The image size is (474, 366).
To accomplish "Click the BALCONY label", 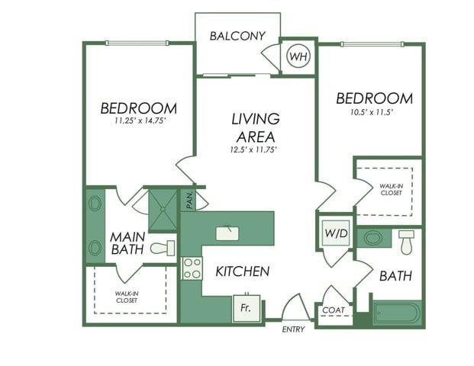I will pos(237,36).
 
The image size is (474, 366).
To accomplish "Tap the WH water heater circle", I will pos(298,56).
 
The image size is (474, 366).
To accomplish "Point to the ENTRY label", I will pos(293,329).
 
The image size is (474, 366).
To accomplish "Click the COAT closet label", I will pos(333,310).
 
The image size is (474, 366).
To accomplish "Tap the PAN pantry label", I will pos(190,200).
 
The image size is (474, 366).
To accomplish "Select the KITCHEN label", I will pos(242,271).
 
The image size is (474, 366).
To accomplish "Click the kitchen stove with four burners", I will pos(192,268).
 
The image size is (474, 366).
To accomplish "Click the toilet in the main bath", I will pos(163,248).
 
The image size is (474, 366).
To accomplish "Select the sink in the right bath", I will pos(373,238).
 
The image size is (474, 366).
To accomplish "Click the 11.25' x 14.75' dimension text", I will pos(139,120).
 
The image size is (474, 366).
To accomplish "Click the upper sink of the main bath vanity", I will pos(95,204).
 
